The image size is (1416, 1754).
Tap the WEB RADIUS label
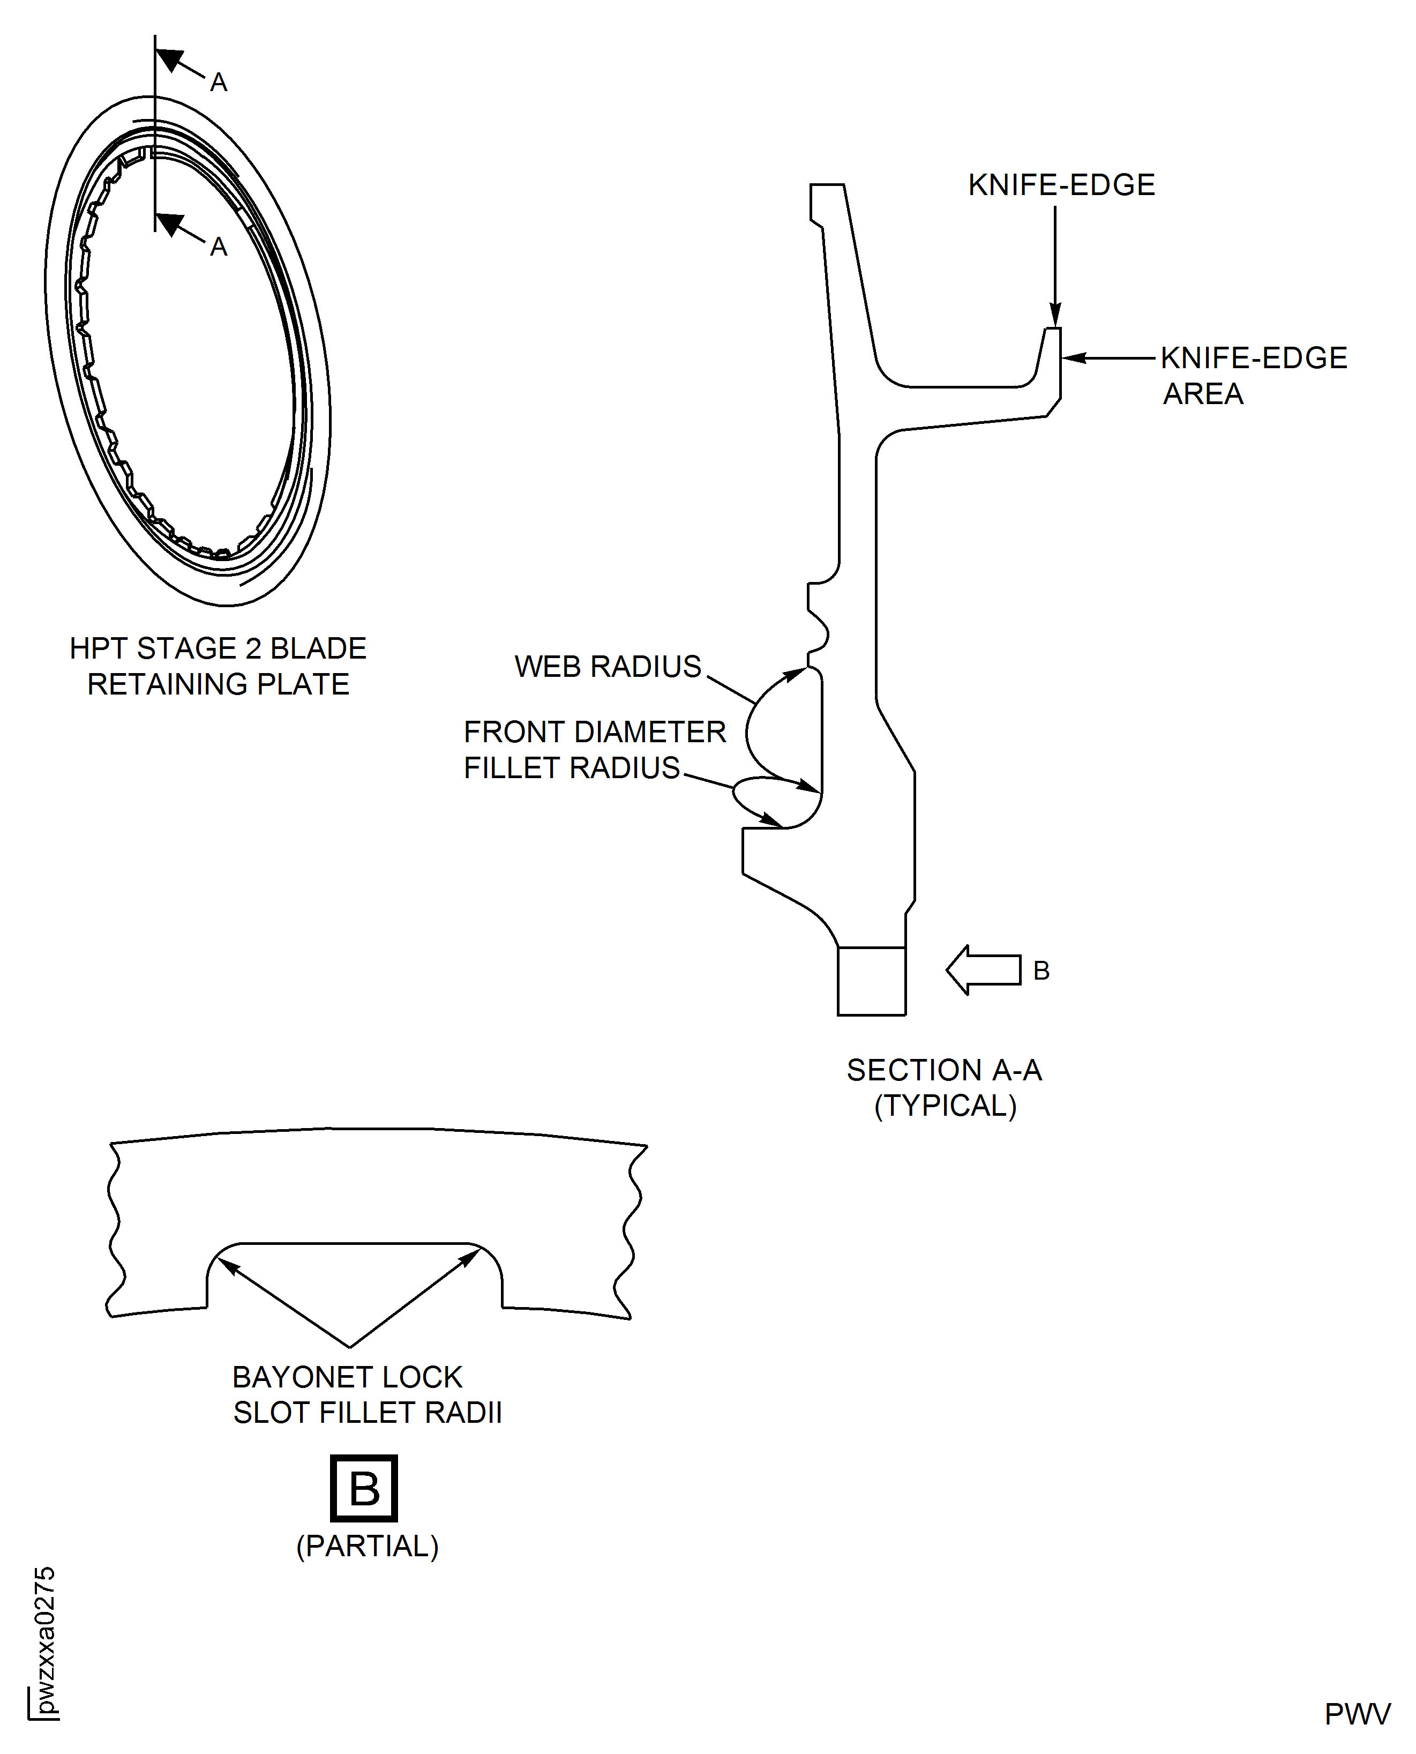[608, 667]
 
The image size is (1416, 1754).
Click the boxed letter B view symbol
[364, 1489]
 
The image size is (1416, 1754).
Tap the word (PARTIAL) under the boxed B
[367, 1547]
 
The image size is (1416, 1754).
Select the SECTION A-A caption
[943, 1070]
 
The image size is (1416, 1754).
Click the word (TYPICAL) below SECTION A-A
[946, 1106]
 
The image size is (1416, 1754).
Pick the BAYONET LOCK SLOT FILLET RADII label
[367, 1395]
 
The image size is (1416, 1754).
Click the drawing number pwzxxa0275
[46, 1640]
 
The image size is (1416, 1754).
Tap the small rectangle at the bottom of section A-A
[871, 981]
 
